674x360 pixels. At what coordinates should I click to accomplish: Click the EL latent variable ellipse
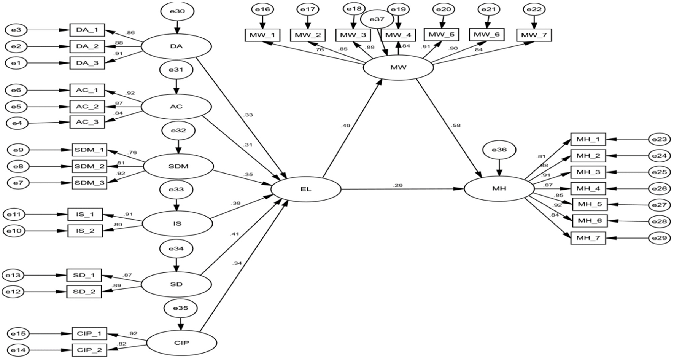pyautogui.click(x=306, y=189)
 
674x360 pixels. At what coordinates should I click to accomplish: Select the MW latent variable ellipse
pyautogui.click(x=398, y=68)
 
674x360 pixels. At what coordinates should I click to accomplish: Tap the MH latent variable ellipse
pyautogui.click(x=499, y=189)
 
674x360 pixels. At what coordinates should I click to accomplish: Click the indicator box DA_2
pyautogui.click(x=87, y=46)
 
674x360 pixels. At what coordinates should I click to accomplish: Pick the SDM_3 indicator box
pyautogui.click(x=89, y=183)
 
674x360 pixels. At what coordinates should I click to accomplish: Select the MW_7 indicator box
pyautogui.click(x=534, y=35)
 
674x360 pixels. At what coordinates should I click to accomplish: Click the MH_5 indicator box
pyautogui.click(x=590, y=204)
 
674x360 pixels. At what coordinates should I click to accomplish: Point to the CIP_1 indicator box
pyautogui.click(x=89, y=334)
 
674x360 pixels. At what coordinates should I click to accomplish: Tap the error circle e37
pyautogui.click(x=377, y=19)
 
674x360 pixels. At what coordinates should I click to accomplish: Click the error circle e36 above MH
pyautogui.click(x=499, y=150)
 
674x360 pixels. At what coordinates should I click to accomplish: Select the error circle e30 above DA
pyautogui.click(x=177, y=11)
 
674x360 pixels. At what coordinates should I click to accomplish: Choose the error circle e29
pyautogui.click(x=659, y=238)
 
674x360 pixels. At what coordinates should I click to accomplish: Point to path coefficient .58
pyautogui.click(x=455, y=125)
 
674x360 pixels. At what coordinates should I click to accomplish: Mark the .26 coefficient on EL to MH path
pyautogui.click(x=398, y=185)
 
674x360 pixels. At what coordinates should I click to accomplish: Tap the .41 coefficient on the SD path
pyautogui.click(x=234, y=234)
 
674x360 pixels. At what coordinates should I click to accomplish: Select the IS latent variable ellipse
pyautogui.click(x=177, y=224)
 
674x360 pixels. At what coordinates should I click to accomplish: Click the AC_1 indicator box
pyautogui.click(x=87, y=91)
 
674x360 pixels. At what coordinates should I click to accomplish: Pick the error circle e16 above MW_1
pyautogui.click(x=262, y=9)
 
